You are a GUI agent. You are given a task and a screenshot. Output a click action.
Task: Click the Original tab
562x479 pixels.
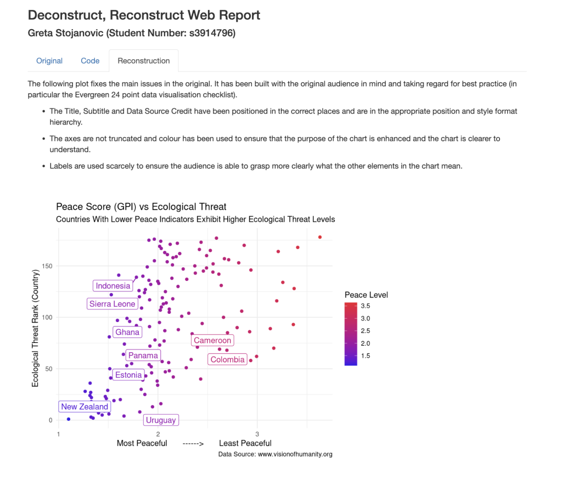coord(49,61)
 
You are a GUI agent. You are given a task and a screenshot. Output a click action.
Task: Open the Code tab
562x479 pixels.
coord(90,61)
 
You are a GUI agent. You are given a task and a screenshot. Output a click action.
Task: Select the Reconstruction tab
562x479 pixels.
coord(144,61)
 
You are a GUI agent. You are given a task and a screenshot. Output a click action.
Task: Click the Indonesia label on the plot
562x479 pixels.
coord(113,286)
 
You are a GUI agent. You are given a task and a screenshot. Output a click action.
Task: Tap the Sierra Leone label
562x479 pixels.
coord(112,304)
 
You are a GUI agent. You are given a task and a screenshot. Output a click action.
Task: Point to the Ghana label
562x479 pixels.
coord(127,332)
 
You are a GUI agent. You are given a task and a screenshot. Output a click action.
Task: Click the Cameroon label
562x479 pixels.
coord(212,341)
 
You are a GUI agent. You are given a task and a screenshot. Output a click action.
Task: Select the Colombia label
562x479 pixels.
coord(227,360)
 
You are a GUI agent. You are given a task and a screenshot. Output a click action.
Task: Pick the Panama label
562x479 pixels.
coord(143,356)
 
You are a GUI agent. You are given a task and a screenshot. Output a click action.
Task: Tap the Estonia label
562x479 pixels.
coord(128,375)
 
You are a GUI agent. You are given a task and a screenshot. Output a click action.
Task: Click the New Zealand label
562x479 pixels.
coord(85,407)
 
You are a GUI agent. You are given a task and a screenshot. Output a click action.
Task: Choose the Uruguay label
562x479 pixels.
coord(161,420)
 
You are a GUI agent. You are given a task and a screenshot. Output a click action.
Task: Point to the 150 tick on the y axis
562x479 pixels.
coord(48,266)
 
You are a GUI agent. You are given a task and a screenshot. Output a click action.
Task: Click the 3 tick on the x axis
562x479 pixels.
coord(257,433)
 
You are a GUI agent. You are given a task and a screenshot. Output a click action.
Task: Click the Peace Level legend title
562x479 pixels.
coord(366,295)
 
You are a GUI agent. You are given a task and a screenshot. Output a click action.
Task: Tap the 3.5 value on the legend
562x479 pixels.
coord(365,305)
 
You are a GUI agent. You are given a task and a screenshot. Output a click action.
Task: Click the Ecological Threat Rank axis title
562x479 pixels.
coord(36,328)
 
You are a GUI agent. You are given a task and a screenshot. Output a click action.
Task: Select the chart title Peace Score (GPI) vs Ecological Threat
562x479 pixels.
coord(141,207)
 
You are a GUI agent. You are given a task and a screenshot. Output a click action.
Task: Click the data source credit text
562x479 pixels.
coord(275,454)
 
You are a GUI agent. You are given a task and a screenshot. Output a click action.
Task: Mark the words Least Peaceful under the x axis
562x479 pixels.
coord(245,443)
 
